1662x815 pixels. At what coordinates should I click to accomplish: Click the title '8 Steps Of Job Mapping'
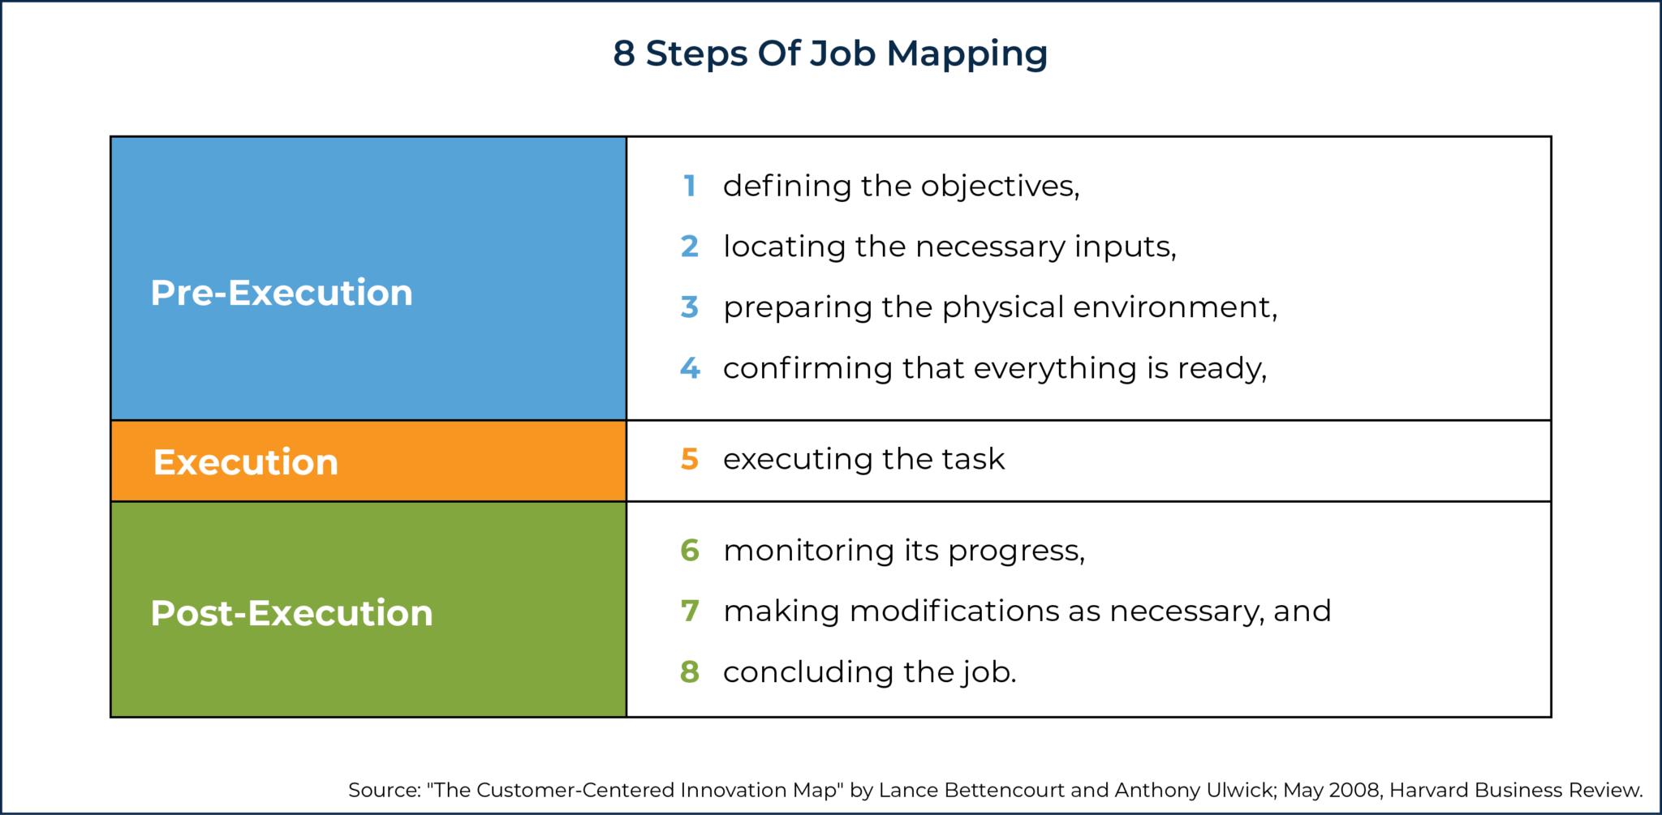(x=830, y=54)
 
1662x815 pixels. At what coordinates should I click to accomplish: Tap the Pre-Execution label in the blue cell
(x=282, y=293)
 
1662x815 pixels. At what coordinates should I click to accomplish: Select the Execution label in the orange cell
(x=245, y=462)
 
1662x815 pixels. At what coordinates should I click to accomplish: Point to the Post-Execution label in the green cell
(x=291, y=613)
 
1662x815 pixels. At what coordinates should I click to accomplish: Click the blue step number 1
(x=690, y=186)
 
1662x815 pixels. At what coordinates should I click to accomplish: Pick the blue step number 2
(x=690, y=247)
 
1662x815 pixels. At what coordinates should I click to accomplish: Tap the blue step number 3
(x=690, y=307)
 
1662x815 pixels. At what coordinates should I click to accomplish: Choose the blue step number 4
(x=690, y=368)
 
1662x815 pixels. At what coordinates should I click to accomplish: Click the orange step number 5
(x=690, y=459)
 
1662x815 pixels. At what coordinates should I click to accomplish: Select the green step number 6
(x=690, y=551)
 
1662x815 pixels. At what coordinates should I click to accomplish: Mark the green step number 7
(x=690, y=611)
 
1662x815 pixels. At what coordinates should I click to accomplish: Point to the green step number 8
(x=690, y=671)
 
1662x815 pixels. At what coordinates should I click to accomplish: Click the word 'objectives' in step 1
(x=997, y=187)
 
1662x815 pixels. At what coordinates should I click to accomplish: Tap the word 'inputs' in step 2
(x=1124, y=247)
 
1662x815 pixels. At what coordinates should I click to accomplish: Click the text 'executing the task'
(x=863, y=459)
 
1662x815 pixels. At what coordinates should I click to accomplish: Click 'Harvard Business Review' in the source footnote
(x=1513, y=790)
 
